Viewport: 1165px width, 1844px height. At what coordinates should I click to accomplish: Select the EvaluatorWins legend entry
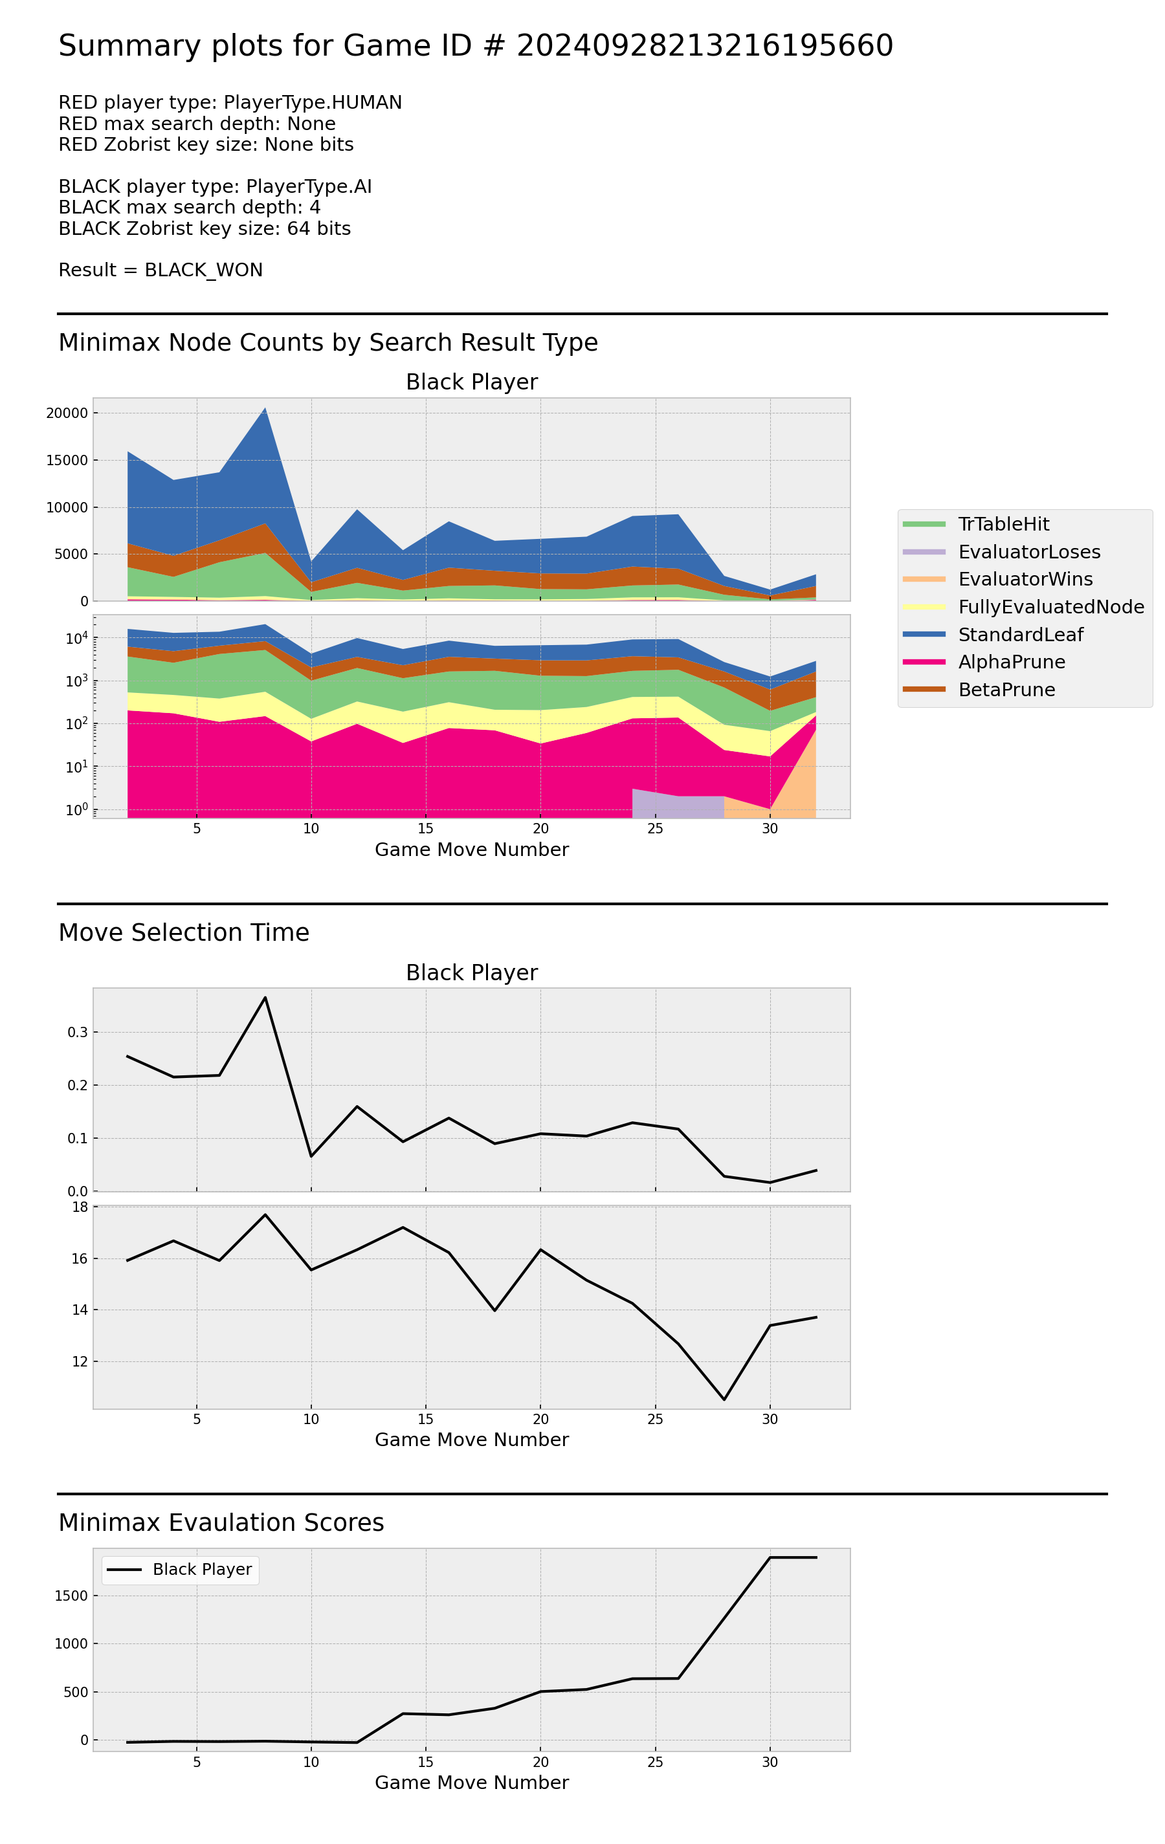pyautogui.click(x=1024, y=579)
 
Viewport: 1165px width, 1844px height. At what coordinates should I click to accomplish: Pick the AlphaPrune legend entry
pyautogui.click(x=1010, y=662)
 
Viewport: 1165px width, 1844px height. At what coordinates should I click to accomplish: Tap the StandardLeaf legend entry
pyautogui.click(x=1019, y=634)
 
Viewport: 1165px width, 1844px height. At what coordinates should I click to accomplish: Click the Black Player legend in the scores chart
pyautogui.click(x=181, y=1569)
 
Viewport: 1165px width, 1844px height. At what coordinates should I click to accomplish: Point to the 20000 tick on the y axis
pyautogui.click(x=67, y=413)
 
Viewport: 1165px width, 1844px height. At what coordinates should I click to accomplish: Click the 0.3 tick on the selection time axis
pyautogui.click(x=78, y=1032)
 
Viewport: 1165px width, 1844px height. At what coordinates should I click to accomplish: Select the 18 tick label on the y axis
pyautogui.click(x=80, y=1207)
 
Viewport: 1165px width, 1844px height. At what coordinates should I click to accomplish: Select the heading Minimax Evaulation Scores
pyautogui.click(x=221, y=1522)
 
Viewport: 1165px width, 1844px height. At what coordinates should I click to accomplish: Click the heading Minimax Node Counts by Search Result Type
pyautogui.click(x=328, y=342)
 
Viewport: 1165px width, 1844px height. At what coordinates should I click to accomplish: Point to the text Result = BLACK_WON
pyautogui.click(x=161, y=270)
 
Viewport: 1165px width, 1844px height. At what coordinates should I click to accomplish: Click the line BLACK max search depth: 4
pyautogui.click(x=189, y=208)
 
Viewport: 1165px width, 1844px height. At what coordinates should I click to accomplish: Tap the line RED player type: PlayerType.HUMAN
pyautogui.click(x=230, y=103)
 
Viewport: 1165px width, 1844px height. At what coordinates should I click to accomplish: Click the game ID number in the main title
pyautogui.click(x=704, y=46)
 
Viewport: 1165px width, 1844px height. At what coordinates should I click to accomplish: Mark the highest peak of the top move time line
pyautogui.click(x=265, y=997)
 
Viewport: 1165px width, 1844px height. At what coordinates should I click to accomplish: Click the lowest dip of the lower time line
pyautogui.click(x=724, y=1400)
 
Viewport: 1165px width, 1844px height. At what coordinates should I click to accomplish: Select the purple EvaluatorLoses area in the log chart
pyautogui.click(x=674, y=806)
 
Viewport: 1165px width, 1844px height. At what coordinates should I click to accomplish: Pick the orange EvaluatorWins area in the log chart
pyautogui.click(x=797, y=789)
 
